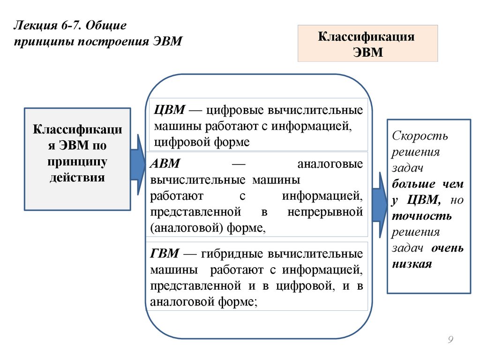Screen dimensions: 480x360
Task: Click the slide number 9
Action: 450,340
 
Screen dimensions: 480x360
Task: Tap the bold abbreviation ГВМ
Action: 165,254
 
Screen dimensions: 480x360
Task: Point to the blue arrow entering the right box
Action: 379,199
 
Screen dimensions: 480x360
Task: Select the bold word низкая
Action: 412,264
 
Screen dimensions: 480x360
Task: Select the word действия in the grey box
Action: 77,178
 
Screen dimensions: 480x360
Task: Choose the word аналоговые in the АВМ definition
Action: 330,165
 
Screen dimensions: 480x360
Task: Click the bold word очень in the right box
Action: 447,248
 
